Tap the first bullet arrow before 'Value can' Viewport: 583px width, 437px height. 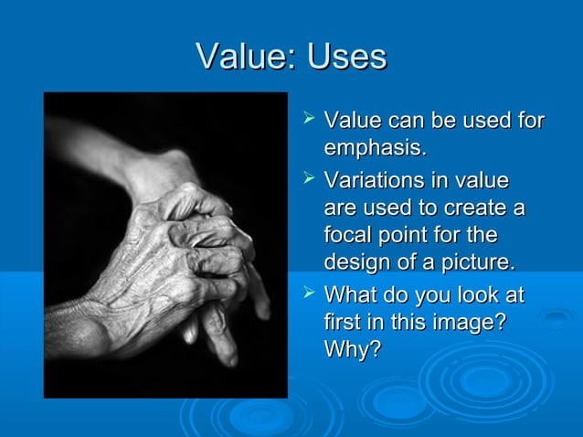point(308,120)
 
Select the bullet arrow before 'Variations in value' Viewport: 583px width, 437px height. point(308,178)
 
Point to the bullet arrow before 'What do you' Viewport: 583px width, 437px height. point(308,294)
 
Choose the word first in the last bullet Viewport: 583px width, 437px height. point(343,324)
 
